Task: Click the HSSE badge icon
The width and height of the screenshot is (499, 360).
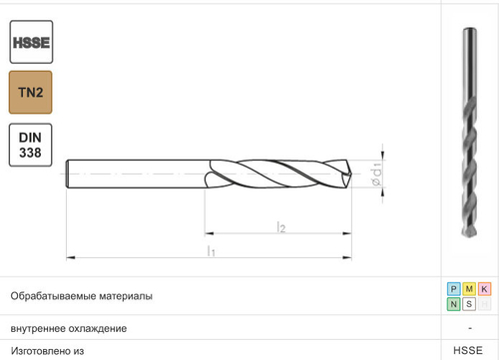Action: tap(31, 42)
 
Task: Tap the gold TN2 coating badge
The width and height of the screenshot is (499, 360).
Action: tap(31, 93)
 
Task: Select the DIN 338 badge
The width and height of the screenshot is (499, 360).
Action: tap(31, 145)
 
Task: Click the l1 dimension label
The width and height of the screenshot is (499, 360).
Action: tap(211, 251)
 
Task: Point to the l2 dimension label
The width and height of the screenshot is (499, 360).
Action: tap(281, 228)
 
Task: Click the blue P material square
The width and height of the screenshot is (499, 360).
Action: tap(454, 289)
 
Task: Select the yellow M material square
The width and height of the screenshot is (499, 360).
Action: tap(469, 289)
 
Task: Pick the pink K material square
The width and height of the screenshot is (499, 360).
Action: tap(484, 289)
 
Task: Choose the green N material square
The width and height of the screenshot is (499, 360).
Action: tap(454, 304)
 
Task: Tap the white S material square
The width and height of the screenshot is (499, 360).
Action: tap(469, 304)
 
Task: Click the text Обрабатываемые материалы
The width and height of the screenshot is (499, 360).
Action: tap(81, 296)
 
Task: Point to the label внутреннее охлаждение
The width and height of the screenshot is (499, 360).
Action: tap(68, 328)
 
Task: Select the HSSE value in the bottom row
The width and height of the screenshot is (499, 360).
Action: tap(468, 351)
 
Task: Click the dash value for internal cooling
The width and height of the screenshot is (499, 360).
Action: tap(469, 328)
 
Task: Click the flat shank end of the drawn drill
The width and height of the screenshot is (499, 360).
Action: tap(68, 175)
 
